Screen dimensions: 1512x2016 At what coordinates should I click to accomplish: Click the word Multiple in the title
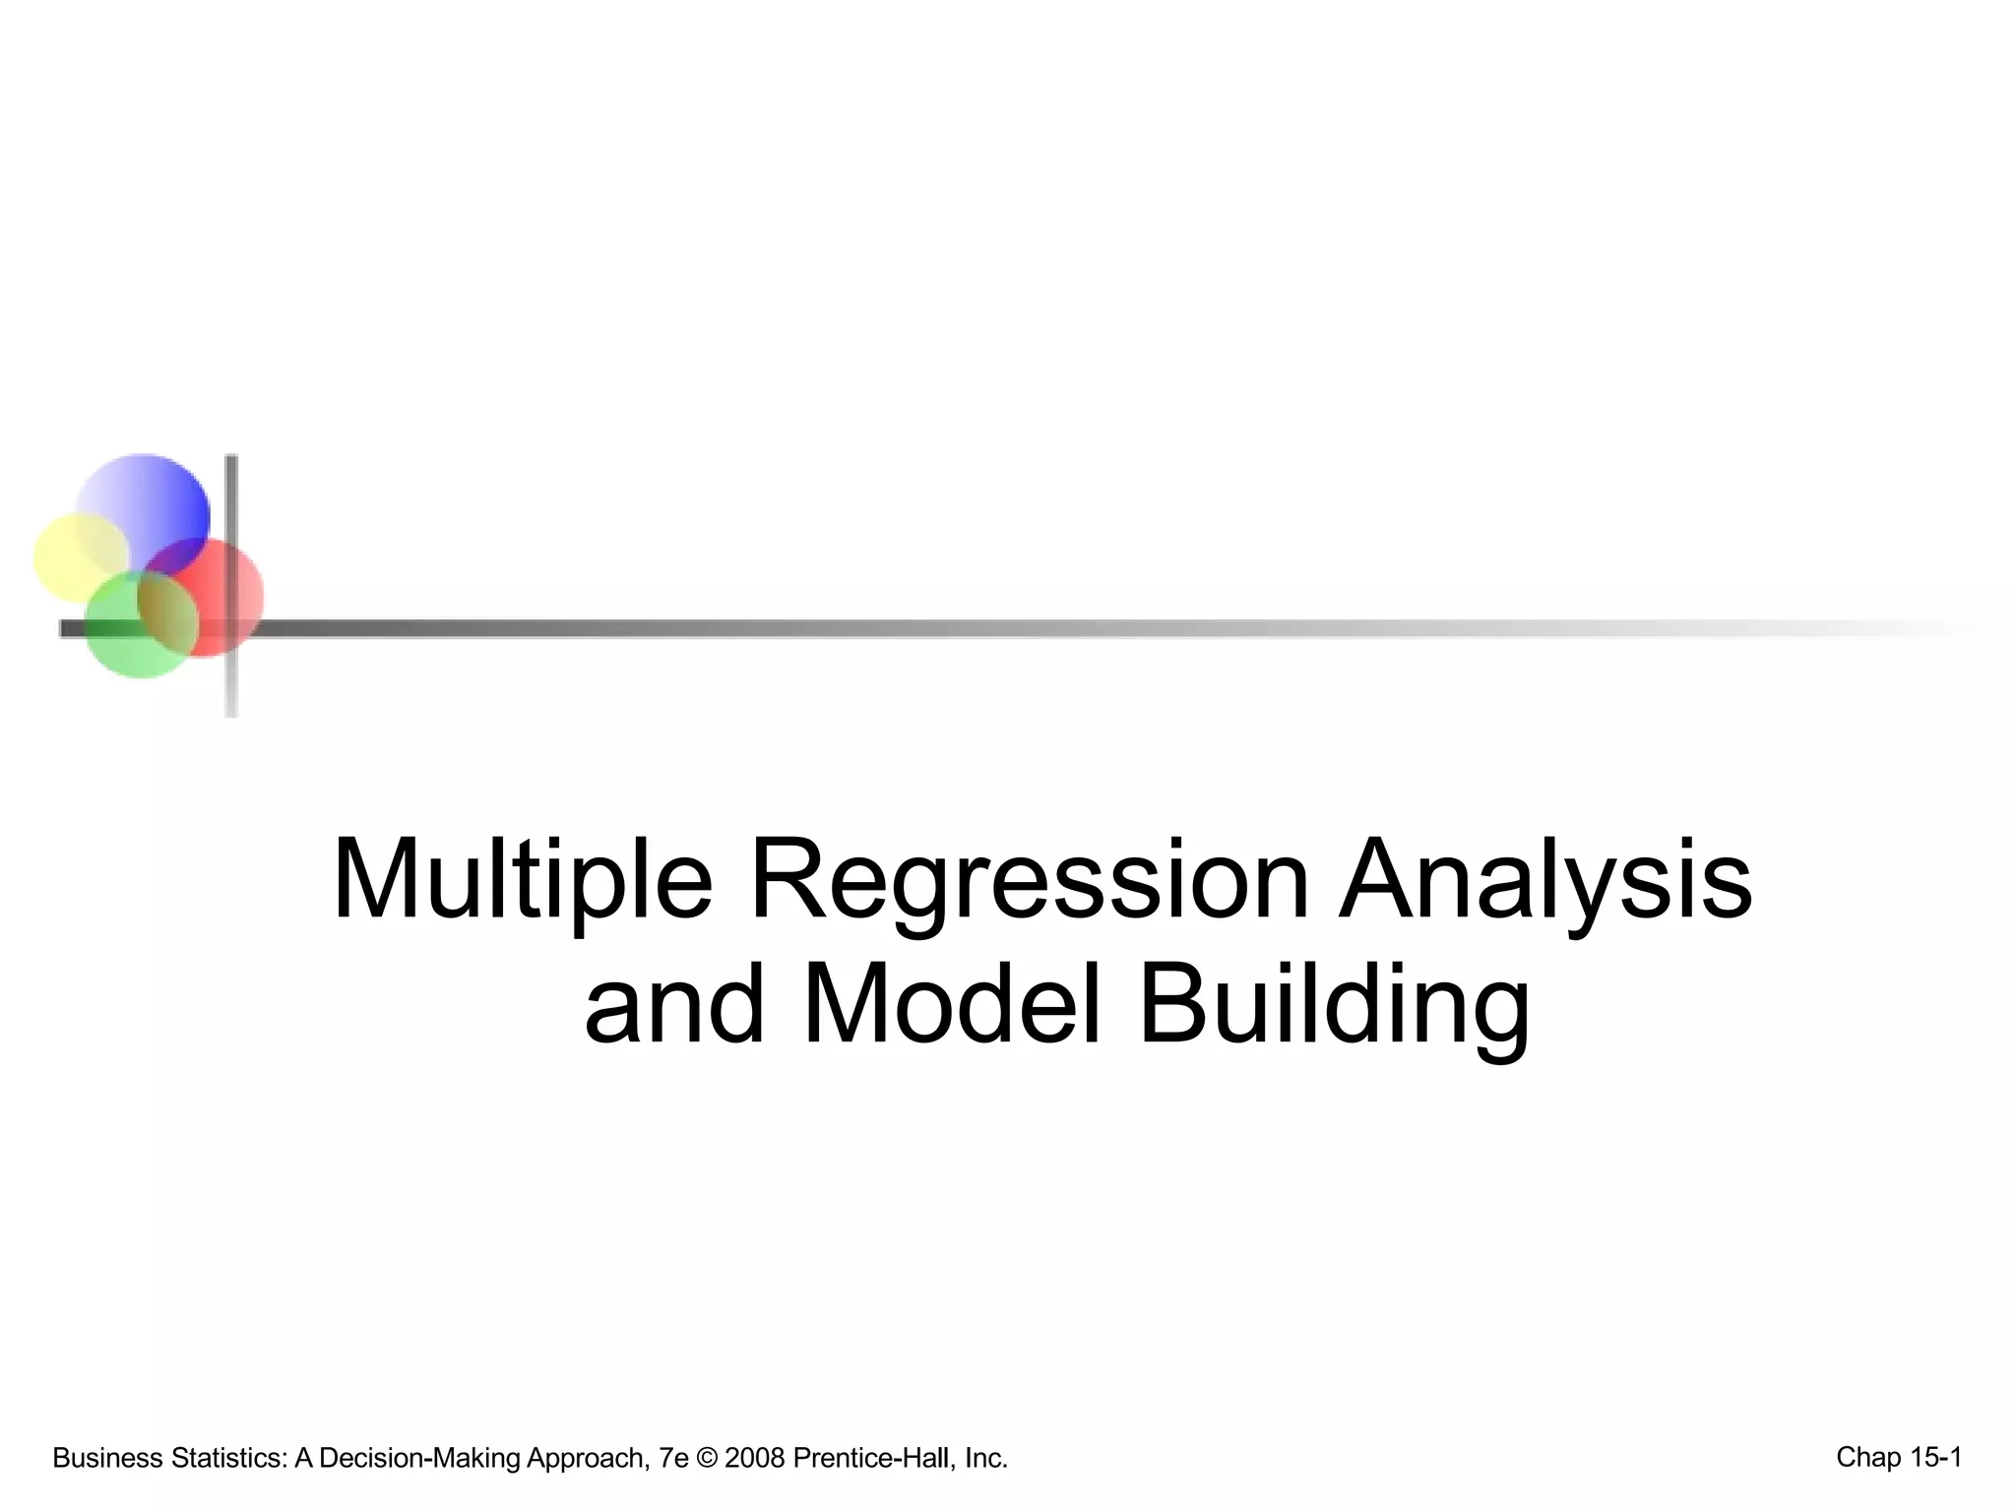(x=522, y=879)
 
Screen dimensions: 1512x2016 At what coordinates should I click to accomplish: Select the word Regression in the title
(x=1029, y=879)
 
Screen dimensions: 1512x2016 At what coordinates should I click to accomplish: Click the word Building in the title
(x=1334, y=1005)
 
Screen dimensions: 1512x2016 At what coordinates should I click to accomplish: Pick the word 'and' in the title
(x=674, y=1005)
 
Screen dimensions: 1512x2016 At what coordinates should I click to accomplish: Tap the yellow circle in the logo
(x=69, y=556)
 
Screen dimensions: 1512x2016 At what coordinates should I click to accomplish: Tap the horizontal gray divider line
(x=984, y=628)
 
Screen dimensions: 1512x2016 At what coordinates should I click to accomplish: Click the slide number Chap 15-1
(x=1899, y=1457)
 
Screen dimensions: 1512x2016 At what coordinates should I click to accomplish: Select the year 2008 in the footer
(x=755, y=1458)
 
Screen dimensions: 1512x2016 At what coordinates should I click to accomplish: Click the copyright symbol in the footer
(x=707, y=1458)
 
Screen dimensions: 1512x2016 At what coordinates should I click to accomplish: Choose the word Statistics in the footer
(x=227, y=1458)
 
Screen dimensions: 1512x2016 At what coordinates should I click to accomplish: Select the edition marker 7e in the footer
(x=673, y=1458)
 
